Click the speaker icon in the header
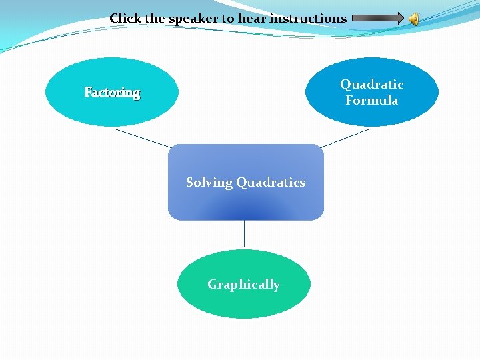click(414, 19)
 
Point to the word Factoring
click(112, 93)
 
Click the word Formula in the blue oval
click(371, 101)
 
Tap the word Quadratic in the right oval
click(371, 85)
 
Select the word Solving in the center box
click(209, 183)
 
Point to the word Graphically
click(243, 285)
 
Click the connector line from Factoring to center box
click(143, 138)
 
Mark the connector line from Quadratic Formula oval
click(344, 138)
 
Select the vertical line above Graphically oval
click(244, 234)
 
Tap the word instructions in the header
click(308, 19)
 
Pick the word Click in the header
click(125, 19)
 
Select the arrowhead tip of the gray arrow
click(402, 19)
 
